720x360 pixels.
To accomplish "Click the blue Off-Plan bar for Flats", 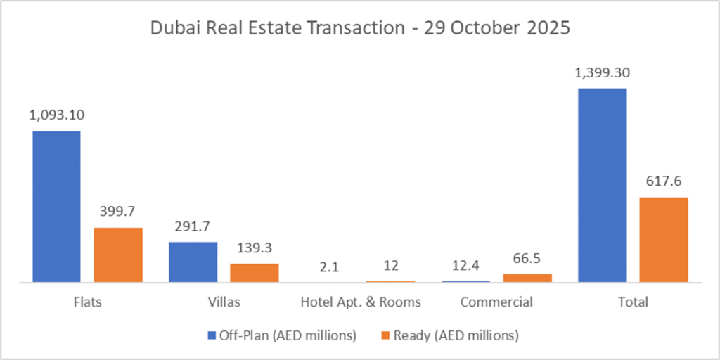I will point(56,207).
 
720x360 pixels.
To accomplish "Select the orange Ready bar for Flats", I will point(118,255).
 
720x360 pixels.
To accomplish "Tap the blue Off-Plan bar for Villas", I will point(193,262).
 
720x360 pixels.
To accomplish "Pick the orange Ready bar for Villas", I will point(255,273).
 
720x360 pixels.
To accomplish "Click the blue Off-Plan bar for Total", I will point(602,186).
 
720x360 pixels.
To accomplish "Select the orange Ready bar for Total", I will point(664,240).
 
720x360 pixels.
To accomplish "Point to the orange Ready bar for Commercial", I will point(527,278).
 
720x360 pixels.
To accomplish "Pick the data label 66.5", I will point(527,259).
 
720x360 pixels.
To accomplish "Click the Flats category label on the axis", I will point(87,302).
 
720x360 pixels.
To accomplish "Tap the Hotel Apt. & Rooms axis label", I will point(361,302).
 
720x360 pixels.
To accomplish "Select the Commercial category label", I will point(496,302).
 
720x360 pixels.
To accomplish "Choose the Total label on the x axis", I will point(633,302).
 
